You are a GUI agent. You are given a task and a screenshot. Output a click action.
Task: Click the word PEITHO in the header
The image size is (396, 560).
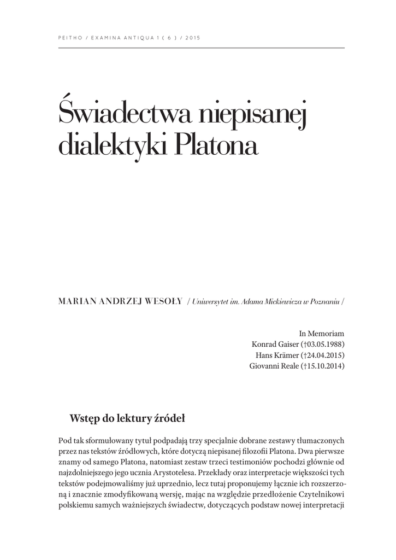(x=69, y=38)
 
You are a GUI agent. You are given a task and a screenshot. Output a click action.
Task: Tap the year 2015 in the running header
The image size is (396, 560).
(x=194, y=38)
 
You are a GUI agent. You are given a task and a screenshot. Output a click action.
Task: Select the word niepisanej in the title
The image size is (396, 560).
(x=253, y=115)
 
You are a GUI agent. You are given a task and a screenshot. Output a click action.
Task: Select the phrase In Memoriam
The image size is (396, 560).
(x=322, y=333)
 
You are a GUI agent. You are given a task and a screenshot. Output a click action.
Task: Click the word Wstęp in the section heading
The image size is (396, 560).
(x=82, y=419)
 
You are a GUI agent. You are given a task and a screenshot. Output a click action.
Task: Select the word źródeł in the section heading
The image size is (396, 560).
(x=171, y=419)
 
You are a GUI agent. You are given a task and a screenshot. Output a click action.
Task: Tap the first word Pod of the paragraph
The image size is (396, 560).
(x=64, y=441)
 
